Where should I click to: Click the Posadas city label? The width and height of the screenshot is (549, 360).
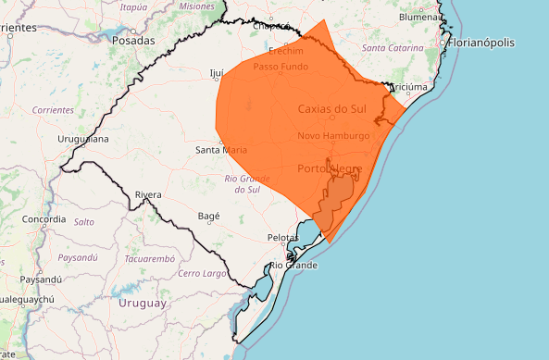[127, 41]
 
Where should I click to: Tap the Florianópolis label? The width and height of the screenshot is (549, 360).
[490, 43]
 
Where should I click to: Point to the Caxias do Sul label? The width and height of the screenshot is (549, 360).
[332, 108]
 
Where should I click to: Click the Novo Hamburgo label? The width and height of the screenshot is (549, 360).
[333, 136]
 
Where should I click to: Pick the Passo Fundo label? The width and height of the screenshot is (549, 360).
[281, 67]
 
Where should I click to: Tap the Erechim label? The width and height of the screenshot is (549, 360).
[286, 51]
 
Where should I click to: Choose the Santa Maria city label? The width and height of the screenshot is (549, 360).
[220, 149]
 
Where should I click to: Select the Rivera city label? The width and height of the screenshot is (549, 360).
[148, 194]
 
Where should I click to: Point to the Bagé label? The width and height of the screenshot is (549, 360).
[208, 216]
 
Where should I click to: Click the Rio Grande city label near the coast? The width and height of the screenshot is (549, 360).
[293, 266]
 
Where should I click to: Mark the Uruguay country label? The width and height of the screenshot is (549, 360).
[143, 303]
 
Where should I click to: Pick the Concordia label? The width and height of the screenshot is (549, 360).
[44, 219]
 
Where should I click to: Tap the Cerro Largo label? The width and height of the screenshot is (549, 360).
[202, 274]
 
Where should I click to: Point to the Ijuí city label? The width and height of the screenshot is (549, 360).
[218, 72]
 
